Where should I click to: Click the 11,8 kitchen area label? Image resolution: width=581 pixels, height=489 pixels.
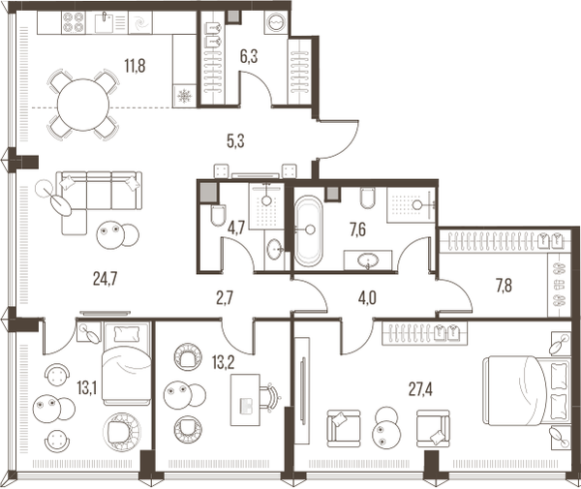(135, 66)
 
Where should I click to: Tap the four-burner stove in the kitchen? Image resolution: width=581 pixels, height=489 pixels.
(73, 22)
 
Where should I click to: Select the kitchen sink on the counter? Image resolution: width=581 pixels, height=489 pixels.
(104, 22)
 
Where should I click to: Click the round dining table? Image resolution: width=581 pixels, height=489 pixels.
(83, 105)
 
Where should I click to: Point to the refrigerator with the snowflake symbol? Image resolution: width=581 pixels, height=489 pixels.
(184, 96)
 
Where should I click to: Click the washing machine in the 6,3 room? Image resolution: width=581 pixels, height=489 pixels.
(276, 22)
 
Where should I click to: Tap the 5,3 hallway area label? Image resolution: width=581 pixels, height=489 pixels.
(235, 141)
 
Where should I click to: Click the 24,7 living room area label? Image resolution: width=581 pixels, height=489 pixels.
(106, 279)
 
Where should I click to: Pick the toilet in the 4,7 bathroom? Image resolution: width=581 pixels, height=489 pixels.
(218, 215)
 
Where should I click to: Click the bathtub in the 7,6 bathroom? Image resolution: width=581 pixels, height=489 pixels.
(308, 230)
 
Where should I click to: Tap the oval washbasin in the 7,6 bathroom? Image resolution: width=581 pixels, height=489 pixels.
(368, 260)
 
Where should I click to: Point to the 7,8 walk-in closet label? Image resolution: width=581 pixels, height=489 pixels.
(504, 286)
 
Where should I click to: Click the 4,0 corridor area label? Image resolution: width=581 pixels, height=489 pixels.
(367, 298)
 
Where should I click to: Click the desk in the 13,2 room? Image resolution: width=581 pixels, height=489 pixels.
(245, 400)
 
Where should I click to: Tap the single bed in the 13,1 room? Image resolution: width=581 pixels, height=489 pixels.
(126, 363)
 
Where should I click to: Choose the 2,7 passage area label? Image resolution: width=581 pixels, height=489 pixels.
(225, 298)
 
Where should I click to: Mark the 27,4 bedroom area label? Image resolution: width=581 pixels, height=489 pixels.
(420, 389)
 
